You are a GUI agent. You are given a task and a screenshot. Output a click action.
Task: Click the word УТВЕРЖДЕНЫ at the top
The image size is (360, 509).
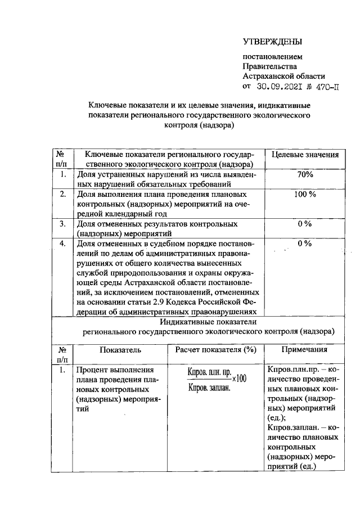pyautogui.click(x=272, y=42)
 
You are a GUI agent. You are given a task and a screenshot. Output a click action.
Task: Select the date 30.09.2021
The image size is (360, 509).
pyautogui.click(x=279, y=87)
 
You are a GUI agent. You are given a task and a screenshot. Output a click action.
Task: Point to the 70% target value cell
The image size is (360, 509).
pyautogui.click(x=305, y=175)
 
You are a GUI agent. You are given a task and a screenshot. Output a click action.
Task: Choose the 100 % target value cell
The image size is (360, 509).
pyautogui.click(x=305, y=194)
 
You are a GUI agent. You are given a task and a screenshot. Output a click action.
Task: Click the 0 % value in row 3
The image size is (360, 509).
pyautogui.click(x=305, y=224)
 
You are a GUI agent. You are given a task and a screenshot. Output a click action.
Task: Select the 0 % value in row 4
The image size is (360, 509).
pyautogui.click(x=305, y=244)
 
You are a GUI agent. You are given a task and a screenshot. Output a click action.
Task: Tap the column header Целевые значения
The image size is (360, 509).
pyautogui.click(x=305, y=155)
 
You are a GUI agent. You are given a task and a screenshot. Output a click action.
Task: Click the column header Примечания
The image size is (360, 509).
pyautogui.click(x=304, y=349)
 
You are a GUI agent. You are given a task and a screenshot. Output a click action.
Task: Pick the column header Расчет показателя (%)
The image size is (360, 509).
pyautogui.click(x=215, y=349)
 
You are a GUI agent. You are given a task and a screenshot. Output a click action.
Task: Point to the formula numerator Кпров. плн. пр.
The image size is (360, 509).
pyautogui.click(x=209, y=373)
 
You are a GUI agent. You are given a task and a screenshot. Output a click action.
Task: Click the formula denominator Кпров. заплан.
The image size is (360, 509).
pyautogui.click(x=209, y=388)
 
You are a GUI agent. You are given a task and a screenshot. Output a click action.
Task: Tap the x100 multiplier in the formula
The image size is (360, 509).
pyautogui.click(x=239, y=379)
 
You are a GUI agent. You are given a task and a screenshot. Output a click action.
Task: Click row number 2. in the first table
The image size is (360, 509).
pyautogui.click(x=64, y=194)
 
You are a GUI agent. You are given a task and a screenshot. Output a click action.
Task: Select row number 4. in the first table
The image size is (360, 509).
pyautogui.click(x=64, y=244)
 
